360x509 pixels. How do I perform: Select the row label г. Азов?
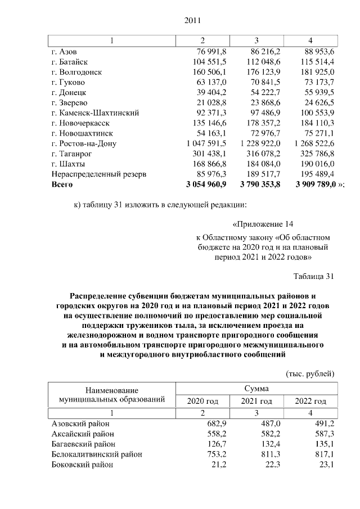pos(63,52)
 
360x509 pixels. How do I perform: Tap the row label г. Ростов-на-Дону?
pos(83,143)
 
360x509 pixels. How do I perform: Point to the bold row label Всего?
pos(62,184)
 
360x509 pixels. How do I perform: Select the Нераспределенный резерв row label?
pos(98,174)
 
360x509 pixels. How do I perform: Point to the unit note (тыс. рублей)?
pos(310,373)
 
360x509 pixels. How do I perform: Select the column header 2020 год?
pos(202,401)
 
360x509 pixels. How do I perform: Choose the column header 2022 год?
pos(311,401)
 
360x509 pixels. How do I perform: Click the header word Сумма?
pos(256,389)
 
